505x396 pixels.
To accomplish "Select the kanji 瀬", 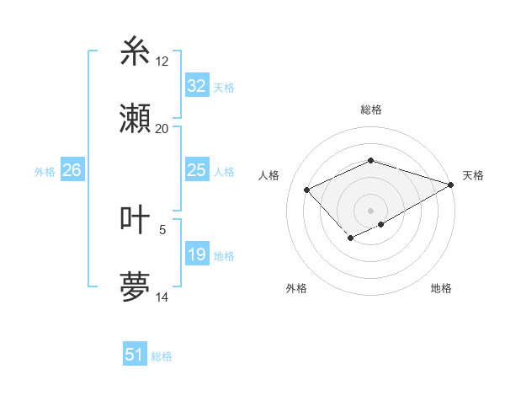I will click(x=136, y=118).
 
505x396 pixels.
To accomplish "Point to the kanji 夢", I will click(x=136, y=287).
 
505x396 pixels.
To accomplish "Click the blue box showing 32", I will click(x=196, y=86).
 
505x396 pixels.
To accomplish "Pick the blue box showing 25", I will click(x=196, y=170).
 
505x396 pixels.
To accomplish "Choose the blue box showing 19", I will click(x=196, y=254).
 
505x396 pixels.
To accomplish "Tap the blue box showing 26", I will click(x=72, y=170).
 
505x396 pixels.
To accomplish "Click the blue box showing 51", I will click(x=135, y=355).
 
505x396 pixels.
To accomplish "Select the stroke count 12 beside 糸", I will click(x=162, y=61).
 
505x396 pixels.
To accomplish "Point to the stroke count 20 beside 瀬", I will click(x=162, y=129).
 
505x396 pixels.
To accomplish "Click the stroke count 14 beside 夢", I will click(x=162, y=297).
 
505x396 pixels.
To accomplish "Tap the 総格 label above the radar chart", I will click(x=370, y=110).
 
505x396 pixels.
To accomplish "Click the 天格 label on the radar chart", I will click(x=473, y=175).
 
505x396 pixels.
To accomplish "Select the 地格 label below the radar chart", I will click(x=441, y=289).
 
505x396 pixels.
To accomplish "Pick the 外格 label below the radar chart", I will click(x=296, y=289).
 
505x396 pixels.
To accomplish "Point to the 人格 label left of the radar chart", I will click(x=269, y=175).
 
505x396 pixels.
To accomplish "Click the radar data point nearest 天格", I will click(x=451, y=184).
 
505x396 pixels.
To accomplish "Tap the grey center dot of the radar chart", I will click(x=370, y=210).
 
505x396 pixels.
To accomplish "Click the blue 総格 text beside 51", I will click(x=162, y=356).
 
